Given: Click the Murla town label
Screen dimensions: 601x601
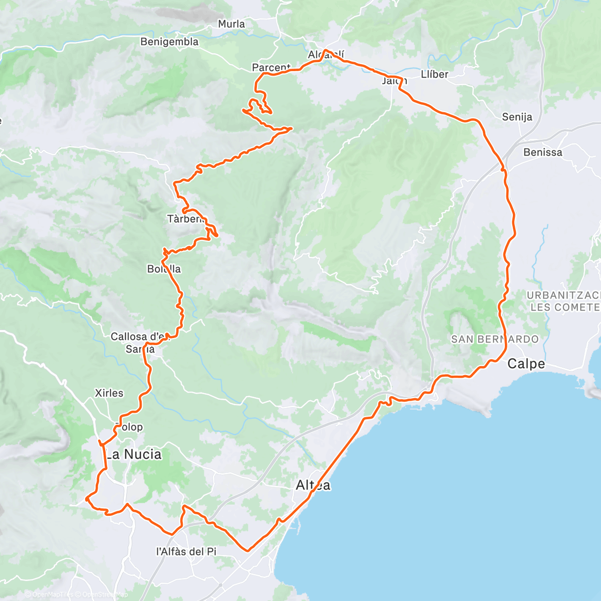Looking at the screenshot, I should [x=231, y=24].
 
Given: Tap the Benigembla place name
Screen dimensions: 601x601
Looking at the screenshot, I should [x=169, y=42].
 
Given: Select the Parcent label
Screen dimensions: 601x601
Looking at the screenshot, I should [x=270, y=67].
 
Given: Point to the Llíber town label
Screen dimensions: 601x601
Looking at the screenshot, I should [x=434, y=74].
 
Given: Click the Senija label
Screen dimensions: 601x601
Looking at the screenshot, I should [x=517, y=117].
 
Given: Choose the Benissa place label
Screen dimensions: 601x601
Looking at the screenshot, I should [x=542, y=152].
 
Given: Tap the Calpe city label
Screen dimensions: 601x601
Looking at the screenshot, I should [x=526, y=364].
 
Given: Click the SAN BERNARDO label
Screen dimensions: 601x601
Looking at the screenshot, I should [x=495, y=339].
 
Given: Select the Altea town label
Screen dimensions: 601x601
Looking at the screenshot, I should [x=313, y=485].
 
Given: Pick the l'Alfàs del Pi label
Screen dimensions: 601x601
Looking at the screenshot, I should [x=186, y=551].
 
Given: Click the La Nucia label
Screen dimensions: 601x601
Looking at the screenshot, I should [x=134, y=454].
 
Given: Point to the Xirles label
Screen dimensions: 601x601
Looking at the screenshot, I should [x=109, y=393].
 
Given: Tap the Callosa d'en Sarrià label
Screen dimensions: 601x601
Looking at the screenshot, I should [x=140, y=343].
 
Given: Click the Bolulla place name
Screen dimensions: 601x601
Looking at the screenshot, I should [x=164, y=269].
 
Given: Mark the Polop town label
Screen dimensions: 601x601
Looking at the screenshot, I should [x=129, y=427].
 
